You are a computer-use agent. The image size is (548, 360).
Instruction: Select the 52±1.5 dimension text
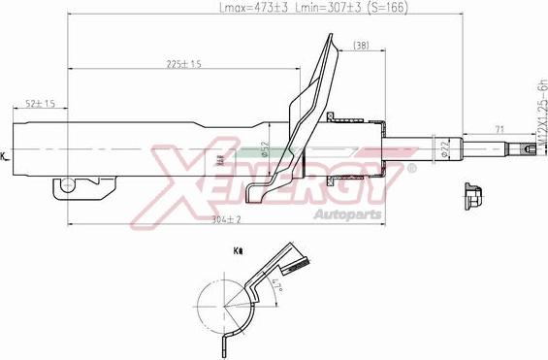pos(39,103)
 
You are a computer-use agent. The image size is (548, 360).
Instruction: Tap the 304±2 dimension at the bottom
pos(225,220)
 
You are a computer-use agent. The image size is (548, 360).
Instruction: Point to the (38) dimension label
pos(361,46)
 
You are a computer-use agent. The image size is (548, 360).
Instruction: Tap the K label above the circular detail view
pos(238,251)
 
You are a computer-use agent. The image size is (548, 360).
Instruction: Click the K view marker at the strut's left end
pos(4,155)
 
